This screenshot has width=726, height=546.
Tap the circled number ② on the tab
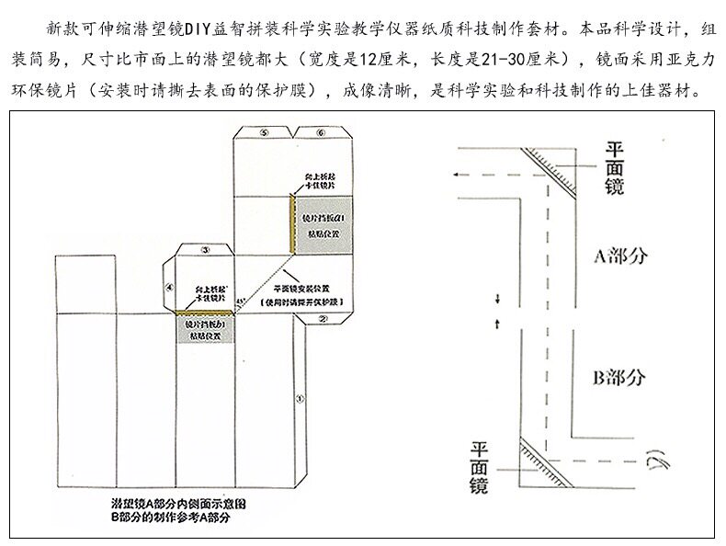point(323,319)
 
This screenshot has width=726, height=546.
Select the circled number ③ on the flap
point(206,249)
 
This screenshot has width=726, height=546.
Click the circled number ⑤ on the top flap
point(265,132)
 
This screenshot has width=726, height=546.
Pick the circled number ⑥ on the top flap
point(319,132)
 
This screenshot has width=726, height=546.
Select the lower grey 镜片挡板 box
point(204,328)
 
